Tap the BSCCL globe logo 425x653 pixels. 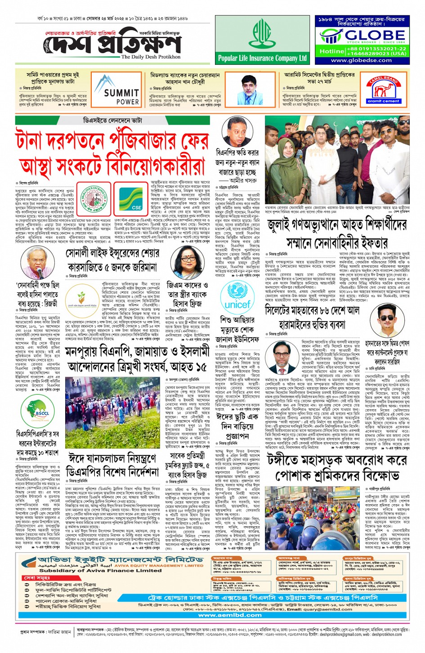41,411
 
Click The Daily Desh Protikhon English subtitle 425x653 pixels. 151,57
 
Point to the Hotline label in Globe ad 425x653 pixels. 331,51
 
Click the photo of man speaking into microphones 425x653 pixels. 39,263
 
